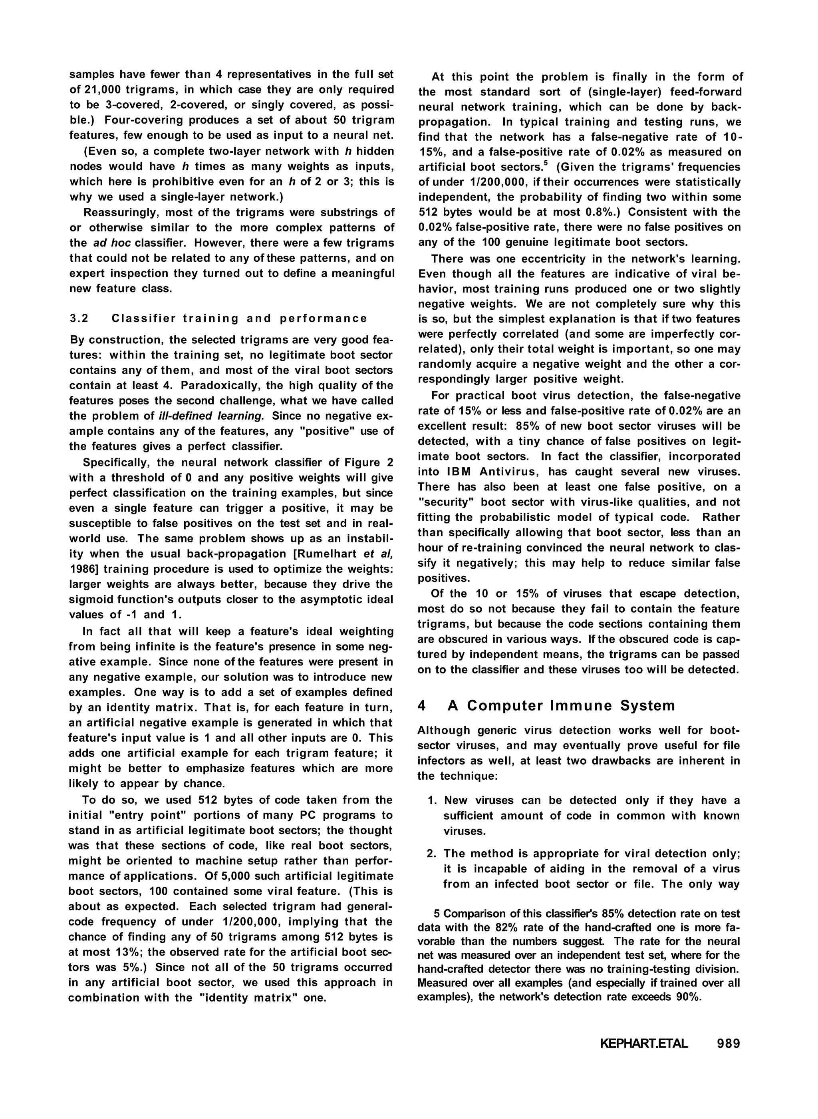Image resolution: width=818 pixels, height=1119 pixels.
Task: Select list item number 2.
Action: tap(432, 854)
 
